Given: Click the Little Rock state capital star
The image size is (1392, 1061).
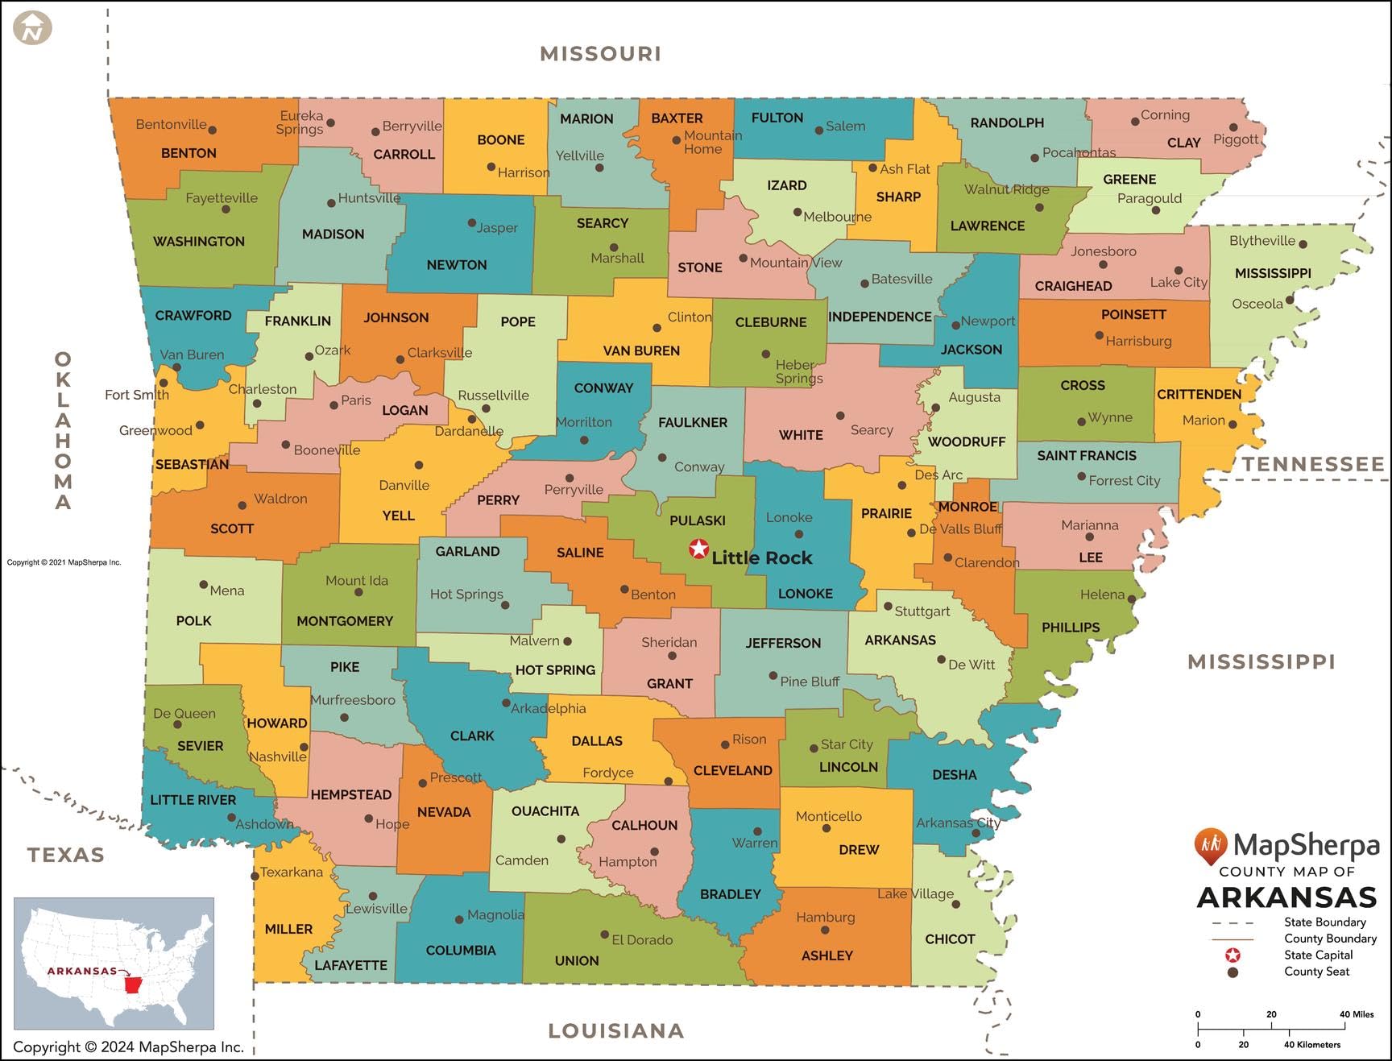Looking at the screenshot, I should [698, 549].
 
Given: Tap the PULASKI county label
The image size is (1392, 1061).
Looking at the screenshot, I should [698, 520].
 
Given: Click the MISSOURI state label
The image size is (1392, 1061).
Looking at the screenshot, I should [600, 54].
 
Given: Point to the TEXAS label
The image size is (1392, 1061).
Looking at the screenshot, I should [66, 855].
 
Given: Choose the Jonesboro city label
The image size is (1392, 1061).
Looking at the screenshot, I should [1103, 251].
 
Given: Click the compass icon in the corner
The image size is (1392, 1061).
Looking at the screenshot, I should [33, 29].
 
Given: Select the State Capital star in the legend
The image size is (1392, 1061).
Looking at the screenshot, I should [1232, 955].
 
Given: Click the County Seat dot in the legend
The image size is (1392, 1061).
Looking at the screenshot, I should [1232, 972].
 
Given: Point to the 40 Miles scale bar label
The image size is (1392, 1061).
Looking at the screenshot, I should [1357, 1014].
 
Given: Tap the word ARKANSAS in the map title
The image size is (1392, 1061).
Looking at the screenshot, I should [1286, 897].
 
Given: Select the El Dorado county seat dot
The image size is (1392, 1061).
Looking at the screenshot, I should [604, 935].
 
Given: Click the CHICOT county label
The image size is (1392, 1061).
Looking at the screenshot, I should [950, 939].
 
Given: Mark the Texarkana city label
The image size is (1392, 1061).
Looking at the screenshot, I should [291, 872].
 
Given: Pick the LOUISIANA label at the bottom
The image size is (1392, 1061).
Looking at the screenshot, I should [616, 1030].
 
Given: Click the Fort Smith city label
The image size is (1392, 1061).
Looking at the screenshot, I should [136, 395].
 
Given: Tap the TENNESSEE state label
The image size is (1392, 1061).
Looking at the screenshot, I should [1313, 464].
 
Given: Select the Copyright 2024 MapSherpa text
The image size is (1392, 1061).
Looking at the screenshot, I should [128, 1046].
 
